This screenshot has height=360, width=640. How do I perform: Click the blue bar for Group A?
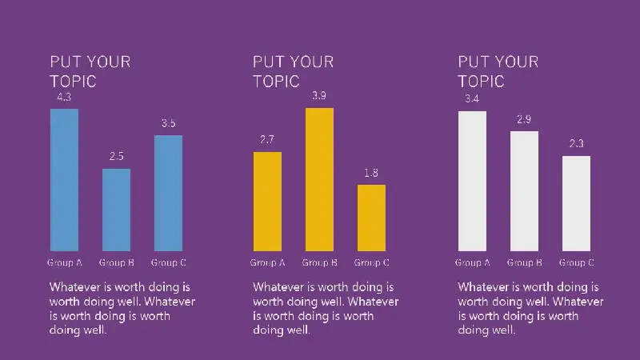(x=64, y=180)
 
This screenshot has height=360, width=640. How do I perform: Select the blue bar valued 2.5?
(x=116, y=210)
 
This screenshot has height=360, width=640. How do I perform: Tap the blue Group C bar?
(x=168, y=193)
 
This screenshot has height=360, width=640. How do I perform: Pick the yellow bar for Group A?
(x=267, y=202)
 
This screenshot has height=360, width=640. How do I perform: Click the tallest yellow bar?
(x=319, y=179)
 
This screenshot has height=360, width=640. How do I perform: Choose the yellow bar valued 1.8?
(x=371, y=218)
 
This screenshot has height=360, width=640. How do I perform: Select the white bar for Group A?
(x=472, y=182)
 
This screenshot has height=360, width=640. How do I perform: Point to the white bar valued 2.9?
(x=524, y=191)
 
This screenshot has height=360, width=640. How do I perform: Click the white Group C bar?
(x=576, y=203)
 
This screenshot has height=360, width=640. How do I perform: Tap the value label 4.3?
(x=64, y=97)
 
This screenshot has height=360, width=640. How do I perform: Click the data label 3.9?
(x=319, y=95)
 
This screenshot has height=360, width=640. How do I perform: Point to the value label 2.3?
(x=576, y=144)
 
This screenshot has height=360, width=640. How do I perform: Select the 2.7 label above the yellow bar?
(x=267, y=139)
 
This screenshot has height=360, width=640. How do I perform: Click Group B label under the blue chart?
(x=116, y=262)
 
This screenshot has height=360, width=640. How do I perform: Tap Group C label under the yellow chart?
(x=371, y=262)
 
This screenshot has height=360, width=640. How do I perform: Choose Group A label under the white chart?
(x=472, y=262)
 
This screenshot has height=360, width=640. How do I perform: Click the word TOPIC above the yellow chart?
(x=276, y=82)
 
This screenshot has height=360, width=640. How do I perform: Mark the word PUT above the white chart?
(x=472, y=62)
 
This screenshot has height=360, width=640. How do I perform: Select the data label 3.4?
(x=472, y=98)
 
